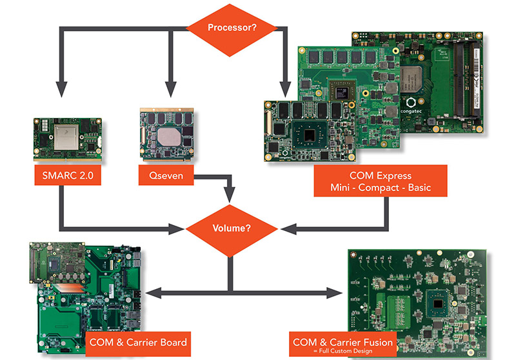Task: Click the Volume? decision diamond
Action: pyautogui.click(x=231, y=228)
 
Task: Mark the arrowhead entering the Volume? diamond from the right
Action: pyautogui.click(x=286, y=228)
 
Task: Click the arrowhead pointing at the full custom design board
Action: pyautogui.click(x=336, y=293)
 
